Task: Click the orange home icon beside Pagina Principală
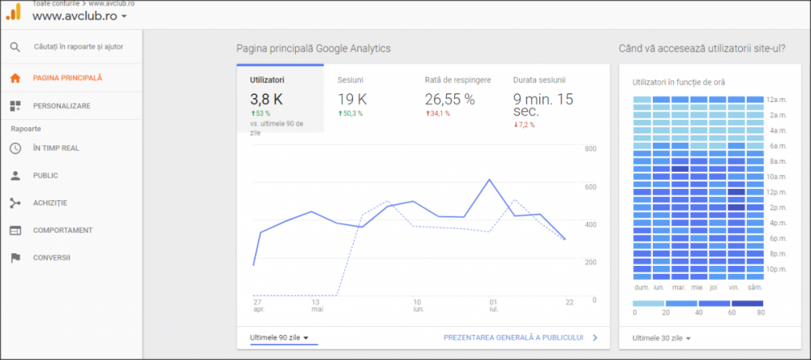(x=15, y=78)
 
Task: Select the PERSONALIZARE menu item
(x=62, y=106)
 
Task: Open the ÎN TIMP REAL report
(x=56, y=148)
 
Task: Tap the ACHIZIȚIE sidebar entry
(x=50, y=203)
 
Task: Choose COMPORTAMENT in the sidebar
(x=62, y=230)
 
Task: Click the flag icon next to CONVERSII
(x=15, y=258)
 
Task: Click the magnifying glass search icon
(x=15, y=47)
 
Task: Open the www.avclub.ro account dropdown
(x=79, y=16)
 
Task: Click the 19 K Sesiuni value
(x=352, y=99)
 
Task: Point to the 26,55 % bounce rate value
(x=449, y=99)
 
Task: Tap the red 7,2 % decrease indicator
(x=524, y=125)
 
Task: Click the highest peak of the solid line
(x=489, y=179)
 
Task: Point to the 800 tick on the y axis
(x=590, y=149)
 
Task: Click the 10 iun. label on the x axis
(x=417, y=305)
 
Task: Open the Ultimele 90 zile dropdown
(x=279, y=338)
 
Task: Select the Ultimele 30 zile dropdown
(x=662, y=338)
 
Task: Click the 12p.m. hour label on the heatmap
(x=777, y=192)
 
